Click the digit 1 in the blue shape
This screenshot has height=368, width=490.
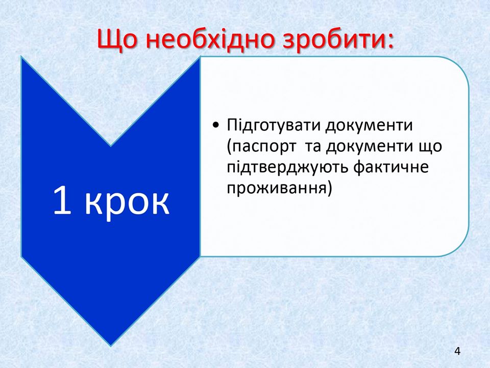point(62,200)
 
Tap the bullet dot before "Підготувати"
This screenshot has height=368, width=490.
point(215,126)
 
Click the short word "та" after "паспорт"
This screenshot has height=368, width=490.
point(312,147)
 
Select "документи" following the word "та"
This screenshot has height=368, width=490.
point(369,147)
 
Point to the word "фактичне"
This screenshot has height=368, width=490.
point(391,168)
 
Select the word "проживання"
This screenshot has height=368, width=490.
point(276,189)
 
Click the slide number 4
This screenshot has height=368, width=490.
point(457,352)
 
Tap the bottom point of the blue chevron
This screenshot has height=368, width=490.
point(111,345)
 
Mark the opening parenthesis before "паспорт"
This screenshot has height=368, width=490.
point(229,147)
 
